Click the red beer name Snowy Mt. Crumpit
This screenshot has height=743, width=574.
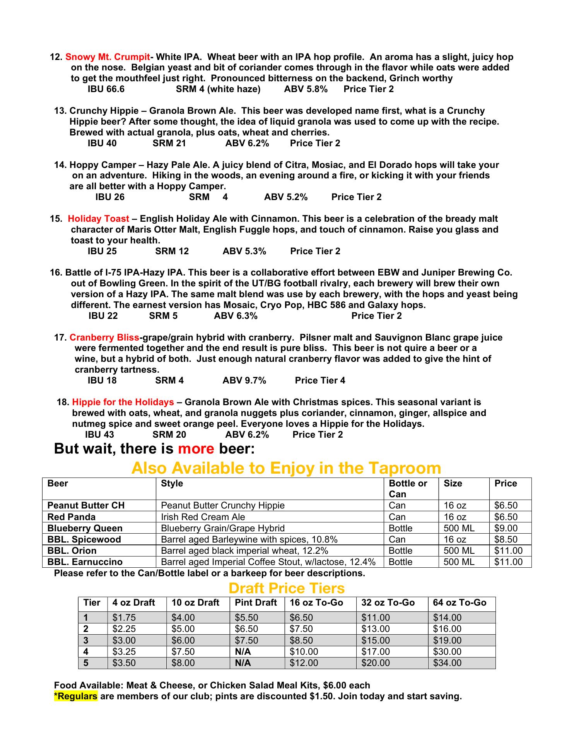point(108,57)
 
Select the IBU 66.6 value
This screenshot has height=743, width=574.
point(106,89)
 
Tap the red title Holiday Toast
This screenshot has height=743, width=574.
point(99,219)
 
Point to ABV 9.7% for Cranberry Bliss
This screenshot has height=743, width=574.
point(244,381)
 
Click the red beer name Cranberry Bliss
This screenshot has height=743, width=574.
point(104,338)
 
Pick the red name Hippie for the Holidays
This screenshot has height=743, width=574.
point(123,402)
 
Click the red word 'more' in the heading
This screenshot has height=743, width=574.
point(196,449)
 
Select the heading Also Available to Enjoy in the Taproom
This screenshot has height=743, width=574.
point(286,468)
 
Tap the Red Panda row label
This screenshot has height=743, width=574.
point(71,517)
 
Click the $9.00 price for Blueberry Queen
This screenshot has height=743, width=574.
point(506,529)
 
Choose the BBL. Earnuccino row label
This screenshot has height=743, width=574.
point(85,562)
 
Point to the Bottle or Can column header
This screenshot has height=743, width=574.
point(408,489)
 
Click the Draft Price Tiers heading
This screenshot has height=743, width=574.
point(286,589)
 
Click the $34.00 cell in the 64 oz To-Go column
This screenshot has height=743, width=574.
point(447,663)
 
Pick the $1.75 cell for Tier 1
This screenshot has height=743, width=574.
point(124,618)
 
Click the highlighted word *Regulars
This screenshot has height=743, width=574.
point(76,697)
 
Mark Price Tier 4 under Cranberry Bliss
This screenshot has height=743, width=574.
point(320,381)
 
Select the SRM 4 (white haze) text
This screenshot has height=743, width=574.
point(218,89)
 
